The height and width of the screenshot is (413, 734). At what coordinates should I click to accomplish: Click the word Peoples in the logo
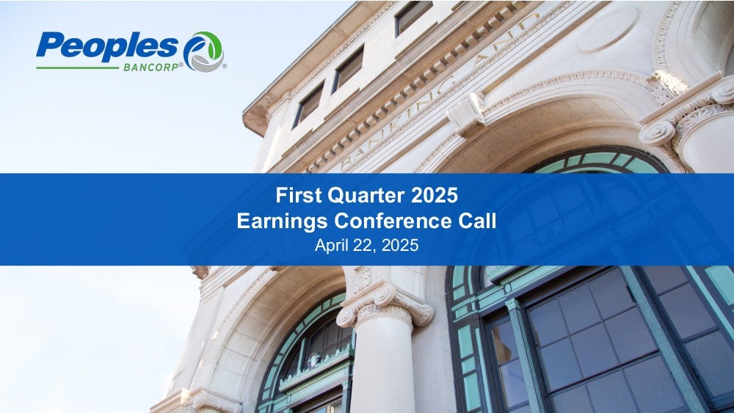coord(107,46)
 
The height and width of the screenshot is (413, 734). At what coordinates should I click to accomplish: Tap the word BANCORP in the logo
coord(150,67)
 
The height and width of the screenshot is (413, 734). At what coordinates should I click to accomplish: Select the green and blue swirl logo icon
coord(203,51)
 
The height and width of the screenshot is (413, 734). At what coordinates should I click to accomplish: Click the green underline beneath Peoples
coord(77,67)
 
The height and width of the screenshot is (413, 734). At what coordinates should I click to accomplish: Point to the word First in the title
coord(299,195)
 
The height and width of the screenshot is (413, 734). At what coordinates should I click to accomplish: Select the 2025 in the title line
coord(435,195)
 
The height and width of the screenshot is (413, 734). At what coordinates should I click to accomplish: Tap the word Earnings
coord(282,222)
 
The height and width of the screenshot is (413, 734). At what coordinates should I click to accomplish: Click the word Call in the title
coord(477,221)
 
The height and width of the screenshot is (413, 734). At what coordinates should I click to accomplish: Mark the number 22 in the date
coord(361,246)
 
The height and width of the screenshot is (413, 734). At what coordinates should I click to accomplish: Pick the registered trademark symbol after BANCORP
coord(181,65)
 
